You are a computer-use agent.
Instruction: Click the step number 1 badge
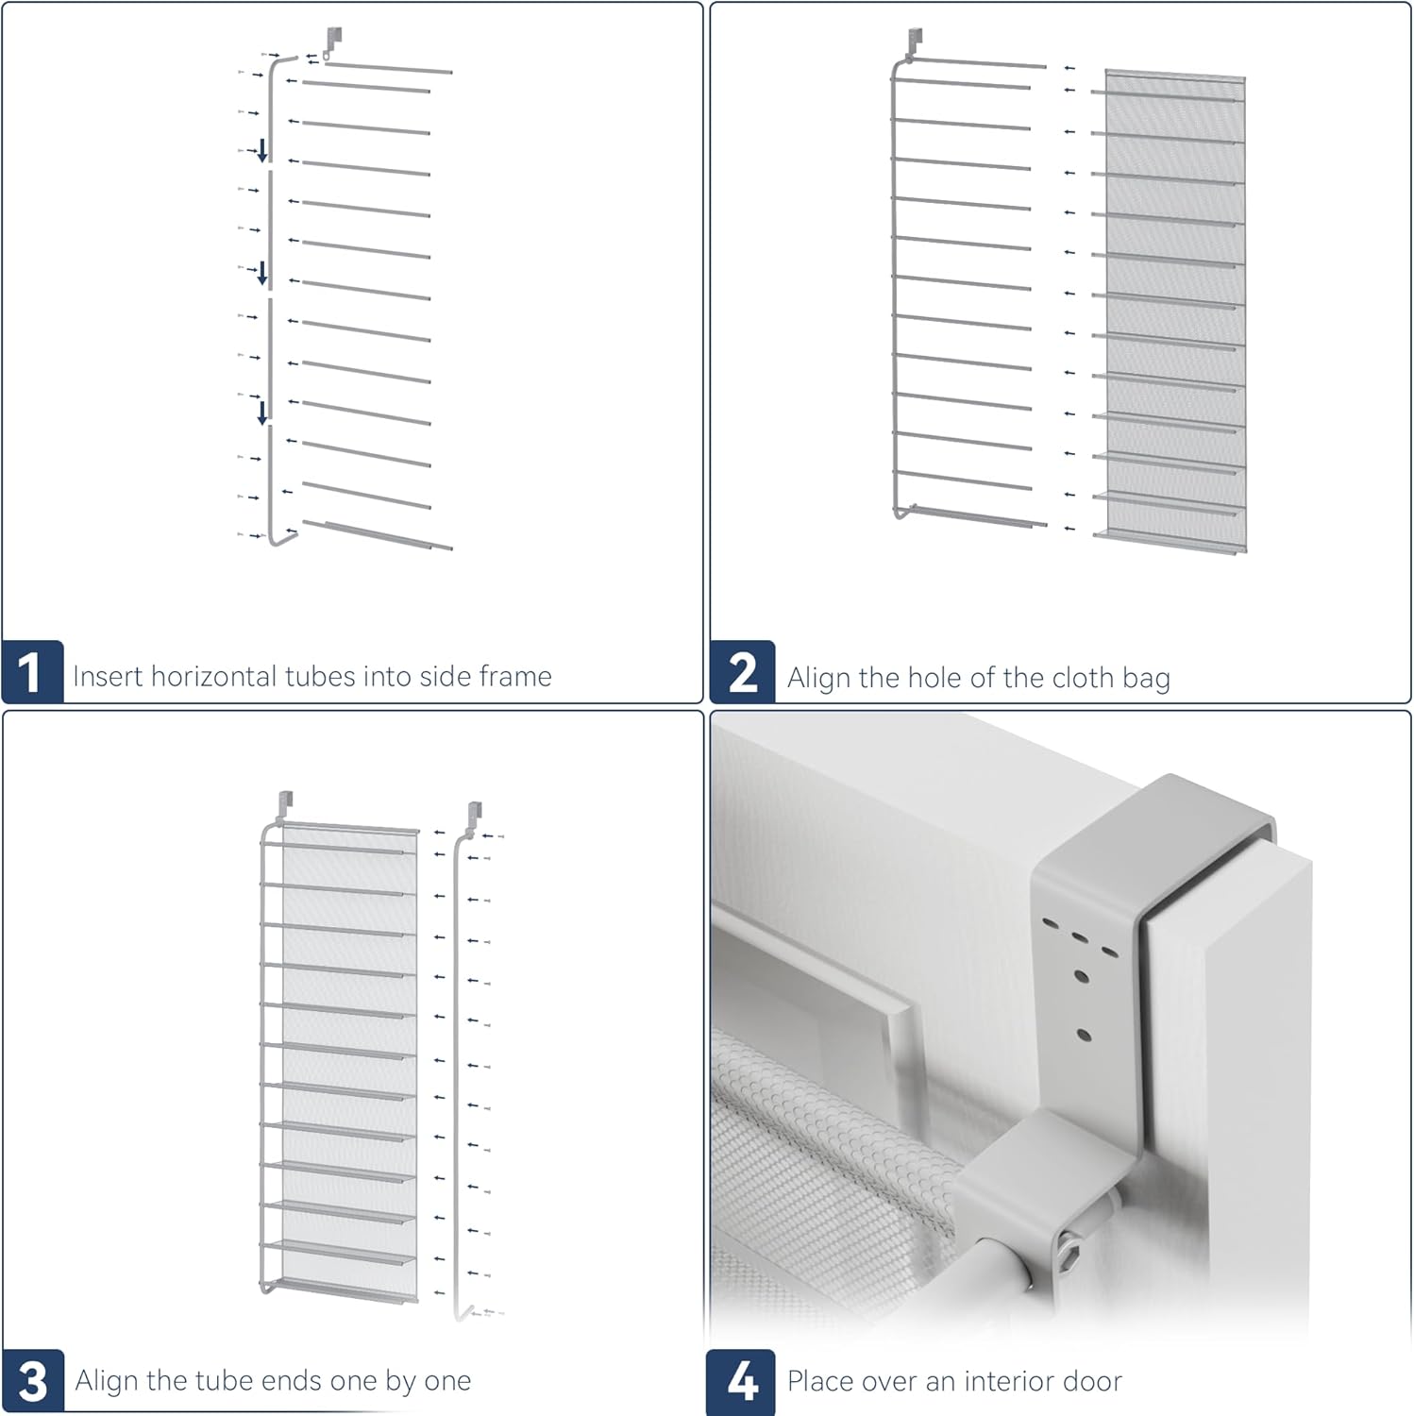[x=32, y=672]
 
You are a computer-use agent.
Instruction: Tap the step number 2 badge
[x=743, y=672]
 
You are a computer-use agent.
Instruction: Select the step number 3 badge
[x=33, y=1381]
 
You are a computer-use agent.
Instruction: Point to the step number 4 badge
[x=742, y=1381]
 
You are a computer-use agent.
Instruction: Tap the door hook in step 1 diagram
[x=331, y=43]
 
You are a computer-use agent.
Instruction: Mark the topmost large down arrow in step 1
[x=262, y=150]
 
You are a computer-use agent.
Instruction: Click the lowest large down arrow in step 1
[x=262, y=413]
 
